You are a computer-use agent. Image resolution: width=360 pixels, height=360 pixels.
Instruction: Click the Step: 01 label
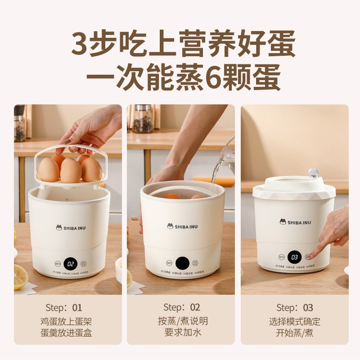64,308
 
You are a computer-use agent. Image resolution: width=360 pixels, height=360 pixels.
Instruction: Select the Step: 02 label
181,307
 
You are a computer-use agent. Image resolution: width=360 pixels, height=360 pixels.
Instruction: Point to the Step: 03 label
294,308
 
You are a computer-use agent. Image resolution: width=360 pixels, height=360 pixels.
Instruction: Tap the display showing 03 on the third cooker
294,257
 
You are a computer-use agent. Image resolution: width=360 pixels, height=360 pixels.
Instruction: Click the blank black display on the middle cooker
182,262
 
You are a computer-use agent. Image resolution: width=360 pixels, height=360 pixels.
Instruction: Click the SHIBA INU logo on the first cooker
70,227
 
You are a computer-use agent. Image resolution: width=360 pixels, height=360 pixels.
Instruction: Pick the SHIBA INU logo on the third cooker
295,222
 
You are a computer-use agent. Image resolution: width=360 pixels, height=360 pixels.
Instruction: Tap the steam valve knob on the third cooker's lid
313,173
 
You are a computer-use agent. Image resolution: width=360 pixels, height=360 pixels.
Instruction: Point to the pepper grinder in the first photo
19,123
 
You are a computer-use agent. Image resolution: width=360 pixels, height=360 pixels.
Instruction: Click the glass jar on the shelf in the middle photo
143,119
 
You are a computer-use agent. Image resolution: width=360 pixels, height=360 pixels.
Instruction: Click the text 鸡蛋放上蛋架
67,322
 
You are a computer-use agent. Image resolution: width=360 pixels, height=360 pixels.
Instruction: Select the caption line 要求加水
181,333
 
